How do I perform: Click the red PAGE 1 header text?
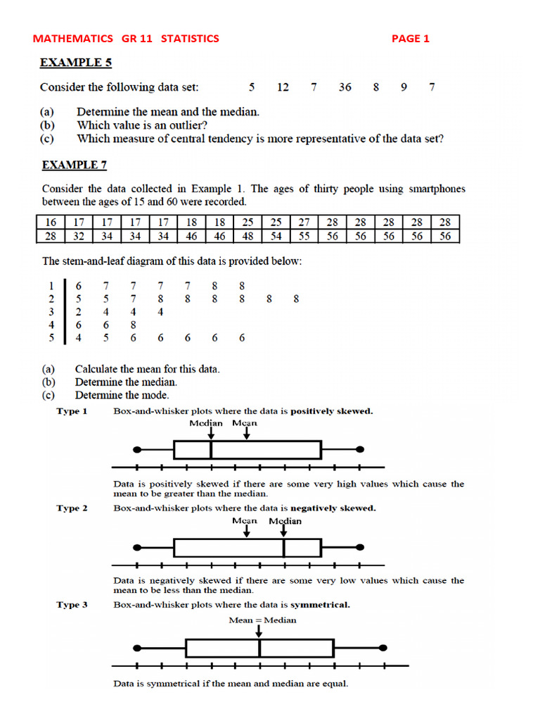point(410,39)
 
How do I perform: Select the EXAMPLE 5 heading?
point(75,63)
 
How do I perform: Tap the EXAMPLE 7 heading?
point(74,165)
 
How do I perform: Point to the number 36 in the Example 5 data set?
point(345,87)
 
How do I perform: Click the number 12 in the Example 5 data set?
point(283,87)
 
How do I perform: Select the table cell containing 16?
point(50,222)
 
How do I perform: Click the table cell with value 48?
point(247,237)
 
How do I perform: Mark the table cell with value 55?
point(304,237)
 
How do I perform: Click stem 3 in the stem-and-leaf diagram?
point(50,312)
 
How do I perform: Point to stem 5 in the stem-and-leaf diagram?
point(50,337)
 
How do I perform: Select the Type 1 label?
point(72,411)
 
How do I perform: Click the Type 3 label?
point(72,605)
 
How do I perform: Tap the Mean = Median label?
point(262,620)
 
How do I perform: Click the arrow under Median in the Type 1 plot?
point(210,433)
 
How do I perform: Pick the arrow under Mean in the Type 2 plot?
point(246,530)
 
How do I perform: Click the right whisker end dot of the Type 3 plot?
point(382,647)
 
